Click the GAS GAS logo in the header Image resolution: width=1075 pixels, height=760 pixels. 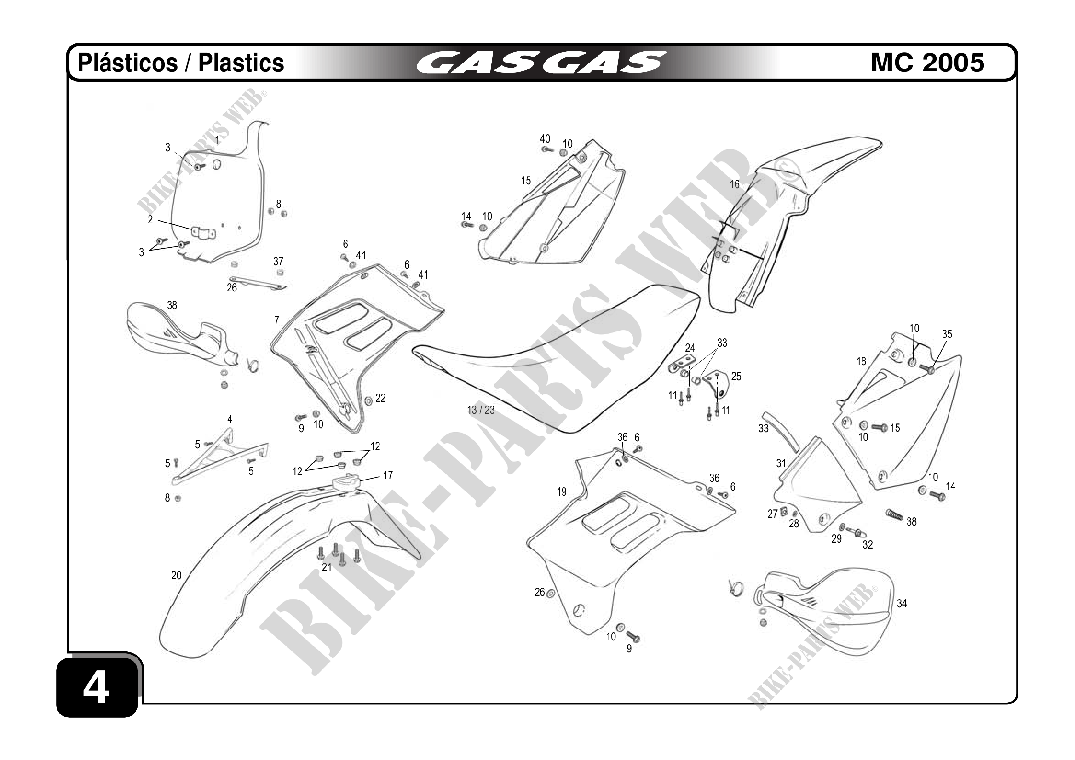tap(541, 63)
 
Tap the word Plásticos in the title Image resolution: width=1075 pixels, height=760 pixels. tap(127, 63)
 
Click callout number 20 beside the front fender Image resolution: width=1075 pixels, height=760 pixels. tap(176, 575)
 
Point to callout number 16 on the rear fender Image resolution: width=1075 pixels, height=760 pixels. tap(734, 184)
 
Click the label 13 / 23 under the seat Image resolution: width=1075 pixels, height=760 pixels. tap(480, 410)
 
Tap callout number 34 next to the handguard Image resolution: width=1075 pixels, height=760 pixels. tap(901, 604)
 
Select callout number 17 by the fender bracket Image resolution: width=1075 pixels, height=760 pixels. tap(388, 475)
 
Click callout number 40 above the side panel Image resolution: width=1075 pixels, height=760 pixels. tap(545, 139)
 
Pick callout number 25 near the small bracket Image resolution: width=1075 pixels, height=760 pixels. tap(736, 376)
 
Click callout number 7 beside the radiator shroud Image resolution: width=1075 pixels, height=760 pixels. tap(277, 320)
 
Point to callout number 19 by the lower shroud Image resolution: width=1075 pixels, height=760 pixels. tap(561, 492)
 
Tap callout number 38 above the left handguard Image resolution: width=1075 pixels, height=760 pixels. tap(172, 305)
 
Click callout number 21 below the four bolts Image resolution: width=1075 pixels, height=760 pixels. tap(327, 567)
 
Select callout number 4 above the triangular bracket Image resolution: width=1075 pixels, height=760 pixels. tap(230, 419)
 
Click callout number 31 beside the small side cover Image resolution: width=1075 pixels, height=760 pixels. tap(781, 463)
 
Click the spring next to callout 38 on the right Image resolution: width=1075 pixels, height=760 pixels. tap(893, 515)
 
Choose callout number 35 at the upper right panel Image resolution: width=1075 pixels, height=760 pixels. tap(947, 334)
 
